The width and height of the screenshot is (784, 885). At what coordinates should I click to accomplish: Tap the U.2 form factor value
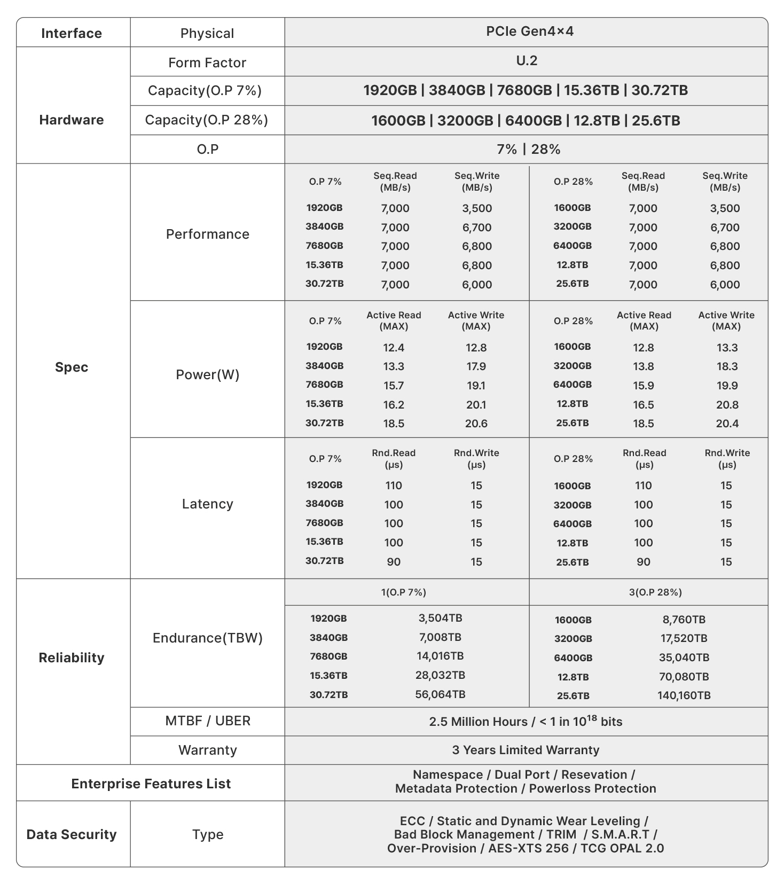(x=527, y=61)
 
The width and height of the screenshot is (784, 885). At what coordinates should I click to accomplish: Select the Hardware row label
(x=72, y=120)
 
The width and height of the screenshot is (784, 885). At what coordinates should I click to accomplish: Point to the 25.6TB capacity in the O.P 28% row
(x=656, y=121)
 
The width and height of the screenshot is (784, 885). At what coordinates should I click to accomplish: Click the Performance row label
(x=207, y=234)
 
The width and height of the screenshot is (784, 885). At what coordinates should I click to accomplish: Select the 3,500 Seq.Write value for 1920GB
(x=477, y=208)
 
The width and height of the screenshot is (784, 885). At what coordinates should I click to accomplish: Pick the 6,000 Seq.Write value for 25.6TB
(x=725, y=285)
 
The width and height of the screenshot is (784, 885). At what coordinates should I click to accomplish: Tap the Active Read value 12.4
(x=394, y=348)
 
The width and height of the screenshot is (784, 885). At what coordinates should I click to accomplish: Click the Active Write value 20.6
(x=476, y=424)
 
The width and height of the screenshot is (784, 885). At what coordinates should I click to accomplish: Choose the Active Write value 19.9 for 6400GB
(x=727, y=386)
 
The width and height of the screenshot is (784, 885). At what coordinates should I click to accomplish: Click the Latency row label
(x=207, y=504)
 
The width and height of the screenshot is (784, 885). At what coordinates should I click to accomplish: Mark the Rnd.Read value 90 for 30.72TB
(x=394, y=562)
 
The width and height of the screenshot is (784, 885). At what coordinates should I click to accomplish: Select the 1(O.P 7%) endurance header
(x=404, y=592)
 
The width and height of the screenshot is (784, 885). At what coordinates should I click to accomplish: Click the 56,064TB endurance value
(x=440, y=694)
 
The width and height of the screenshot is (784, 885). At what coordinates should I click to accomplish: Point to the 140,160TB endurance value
(x=684, y=695)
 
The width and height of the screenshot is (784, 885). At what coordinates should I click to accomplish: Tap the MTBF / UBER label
(x=207, y=721)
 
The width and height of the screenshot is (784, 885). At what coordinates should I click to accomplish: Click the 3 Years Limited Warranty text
(x=526, y=750)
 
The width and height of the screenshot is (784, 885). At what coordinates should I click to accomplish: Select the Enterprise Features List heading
(x=151, y=784)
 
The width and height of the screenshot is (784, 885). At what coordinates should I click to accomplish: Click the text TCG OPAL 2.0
(x=622, y=848)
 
